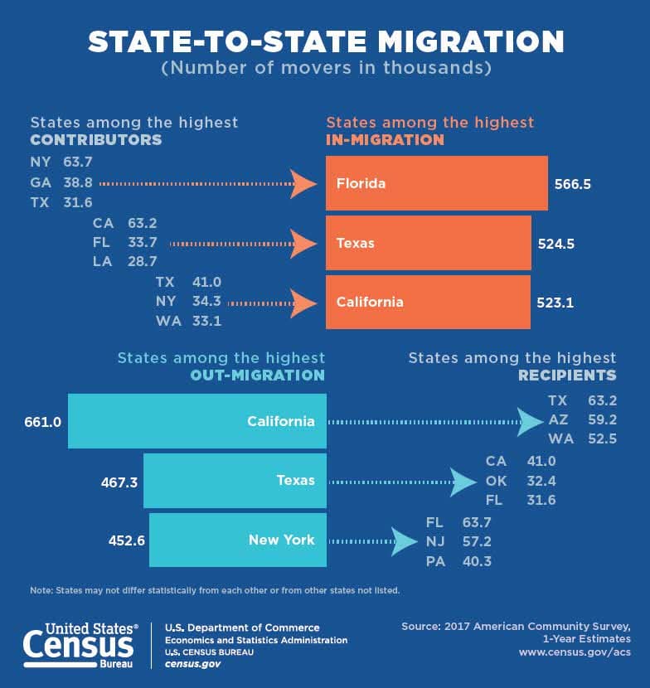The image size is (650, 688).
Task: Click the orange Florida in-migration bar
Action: [x=436, y=183]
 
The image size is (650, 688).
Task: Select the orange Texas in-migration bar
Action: [x=428, y=243]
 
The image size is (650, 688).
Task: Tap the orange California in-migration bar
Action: [x=428, y=303]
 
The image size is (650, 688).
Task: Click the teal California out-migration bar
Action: [x=197, y=421]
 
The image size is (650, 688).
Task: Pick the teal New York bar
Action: [x=237, y=540]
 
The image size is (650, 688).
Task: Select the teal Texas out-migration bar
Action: [x=235, y=481]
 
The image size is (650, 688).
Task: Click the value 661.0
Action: [x=43, y=421]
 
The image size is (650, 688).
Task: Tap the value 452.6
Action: [x=127, y=540]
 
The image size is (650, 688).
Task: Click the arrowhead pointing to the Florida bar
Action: [x=304, y=183]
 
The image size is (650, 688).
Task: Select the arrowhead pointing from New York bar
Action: [x=404, y=541]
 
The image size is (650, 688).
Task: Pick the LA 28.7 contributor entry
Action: [x=125, y=261]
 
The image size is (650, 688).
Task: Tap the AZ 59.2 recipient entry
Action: [x=582, y=420]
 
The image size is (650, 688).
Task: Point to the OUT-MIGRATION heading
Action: [x=264, y=375]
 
